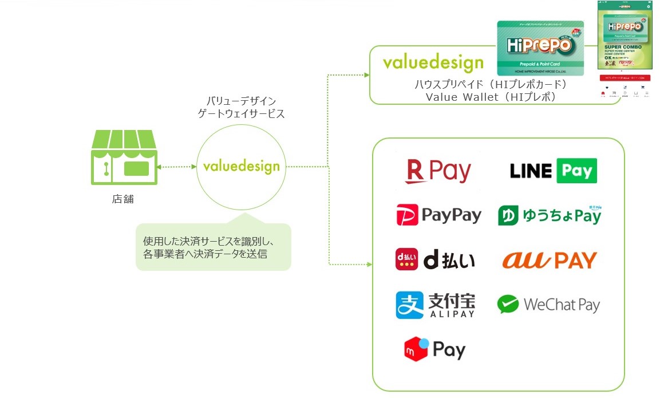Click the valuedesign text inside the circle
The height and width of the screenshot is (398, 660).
[241, 167]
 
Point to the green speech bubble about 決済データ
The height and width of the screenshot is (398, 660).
[213, 246]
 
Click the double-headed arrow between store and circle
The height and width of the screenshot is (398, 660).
[176, 167]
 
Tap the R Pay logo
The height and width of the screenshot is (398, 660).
[438, 171]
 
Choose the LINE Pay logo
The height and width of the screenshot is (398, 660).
[553, 171]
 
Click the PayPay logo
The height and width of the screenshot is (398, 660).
[438, 215]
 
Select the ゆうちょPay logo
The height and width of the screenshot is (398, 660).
[550, 215]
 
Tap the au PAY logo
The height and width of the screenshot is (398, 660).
[550, 260]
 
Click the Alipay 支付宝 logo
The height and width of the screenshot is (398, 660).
[435, 305]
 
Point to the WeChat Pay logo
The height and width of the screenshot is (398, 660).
[548, 305]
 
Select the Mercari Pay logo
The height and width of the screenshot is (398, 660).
[434, 349]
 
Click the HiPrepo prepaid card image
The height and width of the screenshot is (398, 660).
[540, 48]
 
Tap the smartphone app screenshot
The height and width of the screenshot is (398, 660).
[626, 52]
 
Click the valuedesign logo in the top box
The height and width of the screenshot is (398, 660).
[433, 62]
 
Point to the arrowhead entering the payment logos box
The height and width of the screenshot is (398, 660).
[368, 264]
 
